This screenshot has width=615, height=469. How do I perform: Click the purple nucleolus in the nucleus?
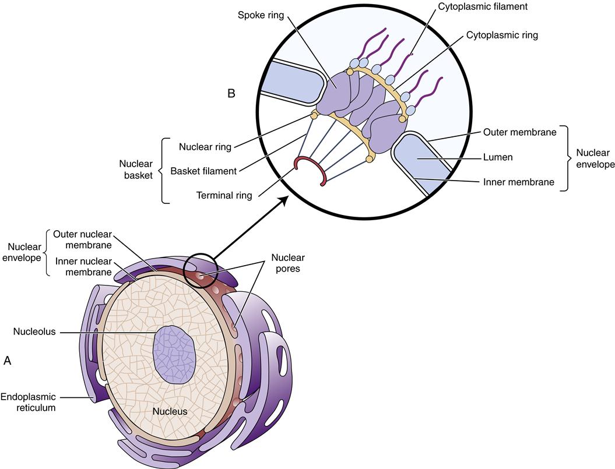(173, 354)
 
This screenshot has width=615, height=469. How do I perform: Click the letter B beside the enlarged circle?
(231, 93)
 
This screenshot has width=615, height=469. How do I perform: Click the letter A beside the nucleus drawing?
(7, 361)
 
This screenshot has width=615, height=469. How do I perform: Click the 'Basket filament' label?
(203, 171)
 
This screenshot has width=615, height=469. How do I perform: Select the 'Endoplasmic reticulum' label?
(28, 402)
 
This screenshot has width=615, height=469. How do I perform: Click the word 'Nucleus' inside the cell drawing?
(170, 411)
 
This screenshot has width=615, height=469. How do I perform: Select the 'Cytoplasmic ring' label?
(501, 35)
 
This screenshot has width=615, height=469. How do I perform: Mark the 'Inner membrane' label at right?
(517, 182)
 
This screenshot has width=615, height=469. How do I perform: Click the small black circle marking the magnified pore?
(201, 270)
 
